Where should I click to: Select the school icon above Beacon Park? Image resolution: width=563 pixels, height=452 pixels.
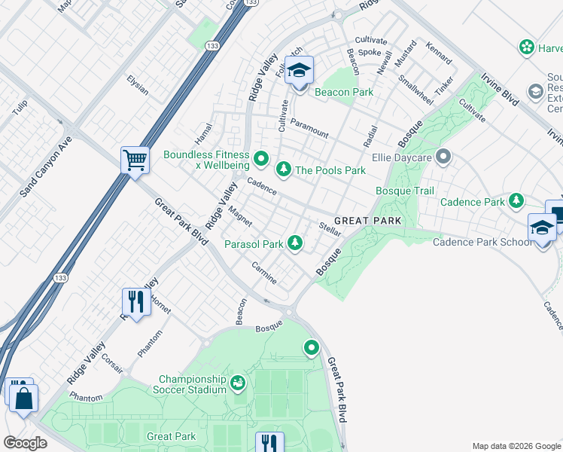pyautogui.click(x=300, y=71)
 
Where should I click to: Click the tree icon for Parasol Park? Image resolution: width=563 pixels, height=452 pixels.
pyautogui.click(x=297, y=243)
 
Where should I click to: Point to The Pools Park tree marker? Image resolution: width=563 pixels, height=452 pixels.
pyautogui.click(x=284, y=169)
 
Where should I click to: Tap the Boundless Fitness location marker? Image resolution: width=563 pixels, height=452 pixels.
pyautogui.click(x=261, y=158)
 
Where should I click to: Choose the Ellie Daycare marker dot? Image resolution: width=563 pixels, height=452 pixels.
pyautogui.click(x=443, y=157)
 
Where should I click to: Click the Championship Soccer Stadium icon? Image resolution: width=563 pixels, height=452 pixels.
pyautogui.click(x=238, y=383)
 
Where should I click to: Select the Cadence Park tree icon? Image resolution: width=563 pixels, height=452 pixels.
pyautogui.click(x=516, y=200)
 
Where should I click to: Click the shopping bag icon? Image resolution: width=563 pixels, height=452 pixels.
pyautogui.click(x=23, y=399)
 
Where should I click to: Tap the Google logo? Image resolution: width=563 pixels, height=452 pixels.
pyautogui.click(x=25, y=442)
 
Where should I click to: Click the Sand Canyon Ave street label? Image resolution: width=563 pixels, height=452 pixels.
pyautogui.click(x=46, y=166)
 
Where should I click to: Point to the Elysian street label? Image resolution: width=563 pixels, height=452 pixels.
pyautogui.click(x=138, y=84)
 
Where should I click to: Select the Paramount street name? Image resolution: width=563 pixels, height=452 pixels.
pyautogui.click(x=309, y=127)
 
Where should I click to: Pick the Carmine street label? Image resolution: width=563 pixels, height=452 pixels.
pyautogui.click(x=264, y=273)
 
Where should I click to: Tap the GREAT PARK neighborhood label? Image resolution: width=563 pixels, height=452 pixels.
pyautogui.click(x=368, y=220)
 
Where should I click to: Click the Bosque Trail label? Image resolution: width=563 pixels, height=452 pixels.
pyautogui.click(x=405, y=191)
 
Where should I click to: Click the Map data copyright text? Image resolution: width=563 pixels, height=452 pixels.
pyautogui.click(x=516, y=445)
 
